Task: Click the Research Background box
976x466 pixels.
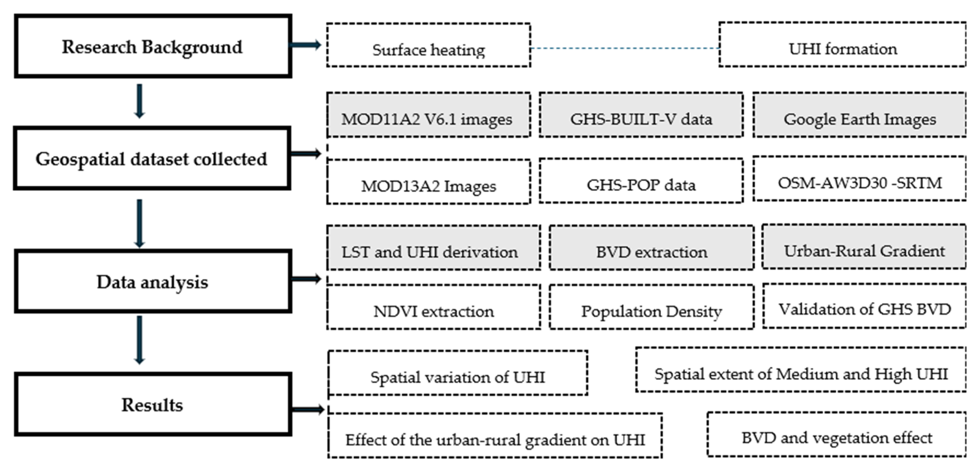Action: tap(153, 46)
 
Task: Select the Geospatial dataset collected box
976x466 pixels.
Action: tap(152, 158)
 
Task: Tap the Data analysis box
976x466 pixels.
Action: tap(153, 281)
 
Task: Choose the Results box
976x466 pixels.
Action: tap(153, 404)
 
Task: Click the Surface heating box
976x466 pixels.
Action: tap(428, 46)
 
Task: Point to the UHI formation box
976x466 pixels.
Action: tap(842, 45)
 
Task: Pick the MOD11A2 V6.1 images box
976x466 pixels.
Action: tap(428, 115)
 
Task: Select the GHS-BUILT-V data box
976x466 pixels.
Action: tap(641, 115)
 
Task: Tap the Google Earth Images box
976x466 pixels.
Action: tap(859, 115)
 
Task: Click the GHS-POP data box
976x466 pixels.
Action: tap(641, 181)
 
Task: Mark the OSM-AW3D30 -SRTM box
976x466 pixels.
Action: tap(859, 179)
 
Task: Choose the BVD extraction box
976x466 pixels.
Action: tap(651, 248)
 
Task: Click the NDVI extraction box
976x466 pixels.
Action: tap(433, 307)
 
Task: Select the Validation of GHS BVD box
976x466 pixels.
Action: tap(864, 306)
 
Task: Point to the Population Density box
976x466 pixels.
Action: tap(651, 307)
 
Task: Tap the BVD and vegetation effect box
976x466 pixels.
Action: tap(837, 434)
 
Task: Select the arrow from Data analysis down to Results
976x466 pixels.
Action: tap(139, 340)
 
